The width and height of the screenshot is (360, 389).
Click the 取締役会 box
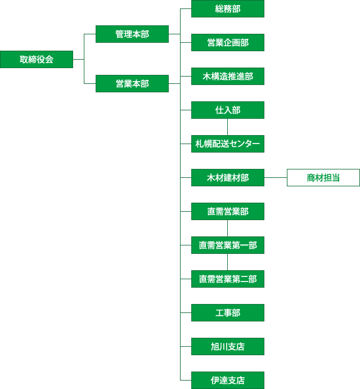point(37,59)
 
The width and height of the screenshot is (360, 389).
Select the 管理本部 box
point(132,34)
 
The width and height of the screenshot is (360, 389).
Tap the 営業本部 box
point(132,83)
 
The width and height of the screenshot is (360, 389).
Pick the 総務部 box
point(228,8)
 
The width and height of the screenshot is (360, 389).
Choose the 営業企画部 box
point(228,42)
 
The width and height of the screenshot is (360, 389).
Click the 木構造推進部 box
point(228,76)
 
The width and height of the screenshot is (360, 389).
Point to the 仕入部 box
point(228,110)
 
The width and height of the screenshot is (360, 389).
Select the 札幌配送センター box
point(228,144)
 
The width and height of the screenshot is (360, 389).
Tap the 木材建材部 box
point(228,177)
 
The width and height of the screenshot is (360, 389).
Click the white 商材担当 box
point(323,177)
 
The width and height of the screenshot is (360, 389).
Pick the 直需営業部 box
point(228,211)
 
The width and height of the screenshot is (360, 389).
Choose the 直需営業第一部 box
point(228,245)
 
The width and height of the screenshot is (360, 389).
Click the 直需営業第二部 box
point(228,279)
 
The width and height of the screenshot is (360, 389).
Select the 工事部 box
point(228,312)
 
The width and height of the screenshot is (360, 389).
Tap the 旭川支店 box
point(228,346)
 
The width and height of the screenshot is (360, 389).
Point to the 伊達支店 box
point(228,380)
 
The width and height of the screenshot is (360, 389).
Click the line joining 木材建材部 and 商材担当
point(276,177)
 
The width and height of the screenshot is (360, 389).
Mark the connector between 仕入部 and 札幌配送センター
point(228,127)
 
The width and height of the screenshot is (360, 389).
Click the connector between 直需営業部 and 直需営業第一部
point(228,228)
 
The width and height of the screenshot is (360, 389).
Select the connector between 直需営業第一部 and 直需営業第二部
point(228,262)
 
